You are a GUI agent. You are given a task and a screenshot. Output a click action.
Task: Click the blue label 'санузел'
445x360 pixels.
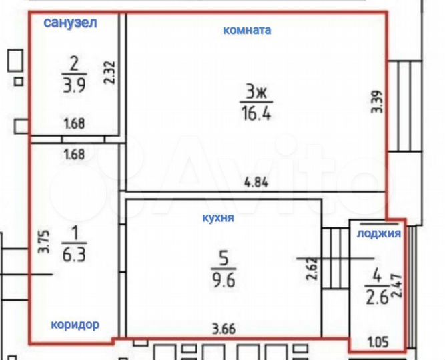pyautogui.click(x=71, y=23)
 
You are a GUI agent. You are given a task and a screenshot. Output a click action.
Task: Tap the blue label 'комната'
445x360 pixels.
pyautogui.click(x=247, y=30)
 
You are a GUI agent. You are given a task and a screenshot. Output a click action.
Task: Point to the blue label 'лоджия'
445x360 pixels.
pyautogui.click(x=378, y=233)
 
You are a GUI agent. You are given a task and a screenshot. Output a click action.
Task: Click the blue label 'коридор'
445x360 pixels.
pyautogui.click(x=75, y=325)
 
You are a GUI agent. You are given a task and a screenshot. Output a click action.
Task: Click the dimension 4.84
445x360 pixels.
pyautogui.click(x=257, y=182)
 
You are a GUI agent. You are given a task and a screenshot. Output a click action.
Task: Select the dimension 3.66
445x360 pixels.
pyautogui.click(x=224, y=328)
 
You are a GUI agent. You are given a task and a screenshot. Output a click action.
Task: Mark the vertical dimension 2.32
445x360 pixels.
pyautogui.click(x=110, y=72)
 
